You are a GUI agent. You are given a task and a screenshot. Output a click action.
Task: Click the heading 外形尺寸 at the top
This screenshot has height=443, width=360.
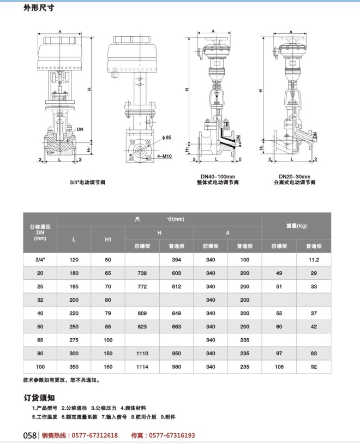39,8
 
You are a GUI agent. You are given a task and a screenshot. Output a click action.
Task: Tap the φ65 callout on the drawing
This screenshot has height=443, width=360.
166,137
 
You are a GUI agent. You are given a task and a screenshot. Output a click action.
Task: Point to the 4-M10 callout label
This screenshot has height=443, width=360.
164,156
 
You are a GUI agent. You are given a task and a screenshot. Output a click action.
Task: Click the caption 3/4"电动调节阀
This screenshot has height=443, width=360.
87,182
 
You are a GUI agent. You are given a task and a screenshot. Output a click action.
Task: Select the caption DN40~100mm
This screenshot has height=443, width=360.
218,177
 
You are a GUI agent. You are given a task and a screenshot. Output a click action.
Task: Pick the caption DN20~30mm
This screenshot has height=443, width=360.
295,177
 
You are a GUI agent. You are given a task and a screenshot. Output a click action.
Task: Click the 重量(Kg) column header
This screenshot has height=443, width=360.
296,226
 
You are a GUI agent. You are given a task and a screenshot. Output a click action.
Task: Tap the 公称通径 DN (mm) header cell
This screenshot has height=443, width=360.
40,232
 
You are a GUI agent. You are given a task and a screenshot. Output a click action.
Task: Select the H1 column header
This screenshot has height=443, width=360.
108,240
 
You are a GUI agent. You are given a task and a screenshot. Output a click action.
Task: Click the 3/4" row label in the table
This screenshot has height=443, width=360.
40,260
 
